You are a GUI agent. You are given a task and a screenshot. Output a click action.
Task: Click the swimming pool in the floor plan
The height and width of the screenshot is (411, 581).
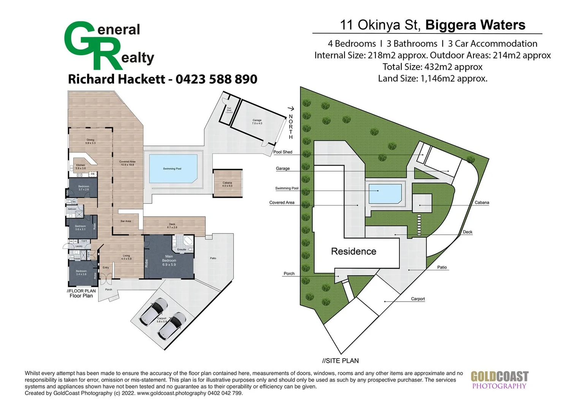click(x=173, y=169)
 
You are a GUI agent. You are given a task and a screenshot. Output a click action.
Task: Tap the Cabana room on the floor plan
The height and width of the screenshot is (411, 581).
click(x=227, y=184)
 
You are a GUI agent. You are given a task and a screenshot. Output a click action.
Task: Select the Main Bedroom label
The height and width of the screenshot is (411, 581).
click(x=169, y=261)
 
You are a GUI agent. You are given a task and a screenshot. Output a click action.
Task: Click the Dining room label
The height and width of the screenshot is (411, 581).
click(x=90, y=141)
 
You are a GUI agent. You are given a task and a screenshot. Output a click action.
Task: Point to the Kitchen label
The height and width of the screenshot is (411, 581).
click(x=81, y=166)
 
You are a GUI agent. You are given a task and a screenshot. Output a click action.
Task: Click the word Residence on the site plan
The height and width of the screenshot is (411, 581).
click(x=353, y=252)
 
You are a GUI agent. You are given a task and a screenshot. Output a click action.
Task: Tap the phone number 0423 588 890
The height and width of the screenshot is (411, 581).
click(x=216, y=79)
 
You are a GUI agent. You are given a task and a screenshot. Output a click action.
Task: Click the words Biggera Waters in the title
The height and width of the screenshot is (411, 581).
click(x=475, y=25)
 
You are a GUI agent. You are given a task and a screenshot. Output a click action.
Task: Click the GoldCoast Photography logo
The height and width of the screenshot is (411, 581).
click(x=499, y=380)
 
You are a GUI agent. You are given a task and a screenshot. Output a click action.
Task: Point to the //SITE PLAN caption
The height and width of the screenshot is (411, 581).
click(x=340, y=361)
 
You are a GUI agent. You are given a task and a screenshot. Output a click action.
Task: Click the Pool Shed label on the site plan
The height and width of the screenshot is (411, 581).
click(x=283, y=152)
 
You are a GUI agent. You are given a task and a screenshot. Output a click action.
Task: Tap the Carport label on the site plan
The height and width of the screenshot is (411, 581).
click(x=418, y=299)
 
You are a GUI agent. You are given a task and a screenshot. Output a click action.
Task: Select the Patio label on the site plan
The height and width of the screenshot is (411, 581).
click(x=442, y=267)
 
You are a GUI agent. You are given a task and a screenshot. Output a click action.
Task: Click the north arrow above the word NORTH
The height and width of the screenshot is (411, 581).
click(x=291, y=109)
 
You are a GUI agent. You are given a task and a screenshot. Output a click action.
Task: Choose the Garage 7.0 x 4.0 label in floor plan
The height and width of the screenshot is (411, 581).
click(x=257, y=122)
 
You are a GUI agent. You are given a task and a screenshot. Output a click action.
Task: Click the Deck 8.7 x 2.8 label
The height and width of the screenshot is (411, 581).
click(x=172, y=226)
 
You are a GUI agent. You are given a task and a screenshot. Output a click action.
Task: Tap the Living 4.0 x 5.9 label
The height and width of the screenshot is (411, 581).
click(x=126, y=257)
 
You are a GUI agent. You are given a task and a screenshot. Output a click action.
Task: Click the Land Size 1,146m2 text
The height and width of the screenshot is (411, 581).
click(x=432, y=79)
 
